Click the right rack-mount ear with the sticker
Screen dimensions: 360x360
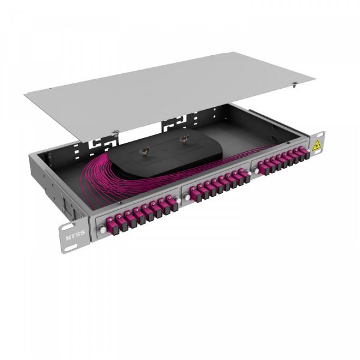(x=316, y=146)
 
